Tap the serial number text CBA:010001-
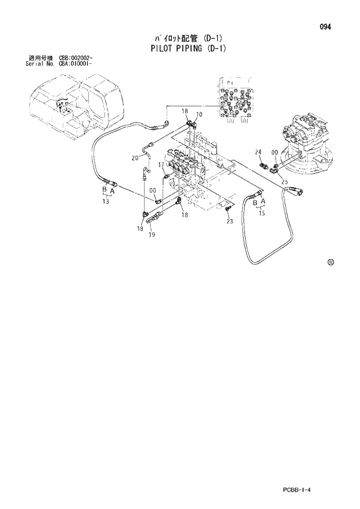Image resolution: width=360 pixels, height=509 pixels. [x=76, y=63]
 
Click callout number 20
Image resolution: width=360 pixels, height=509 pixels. [x=134, y=157]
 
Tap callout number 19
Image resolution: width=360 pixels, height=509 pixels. [x=152, y=235]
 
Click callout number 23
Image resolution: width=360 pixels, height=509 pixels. [x=229, y=221]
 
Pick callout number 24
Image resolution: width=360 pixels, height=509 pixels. [x=258, y=152]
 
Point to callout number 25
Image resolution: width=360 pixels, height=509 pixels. [x=285, y=182]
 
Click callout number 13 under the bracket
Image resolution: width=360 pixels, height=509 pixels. [x=106, y=202]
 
